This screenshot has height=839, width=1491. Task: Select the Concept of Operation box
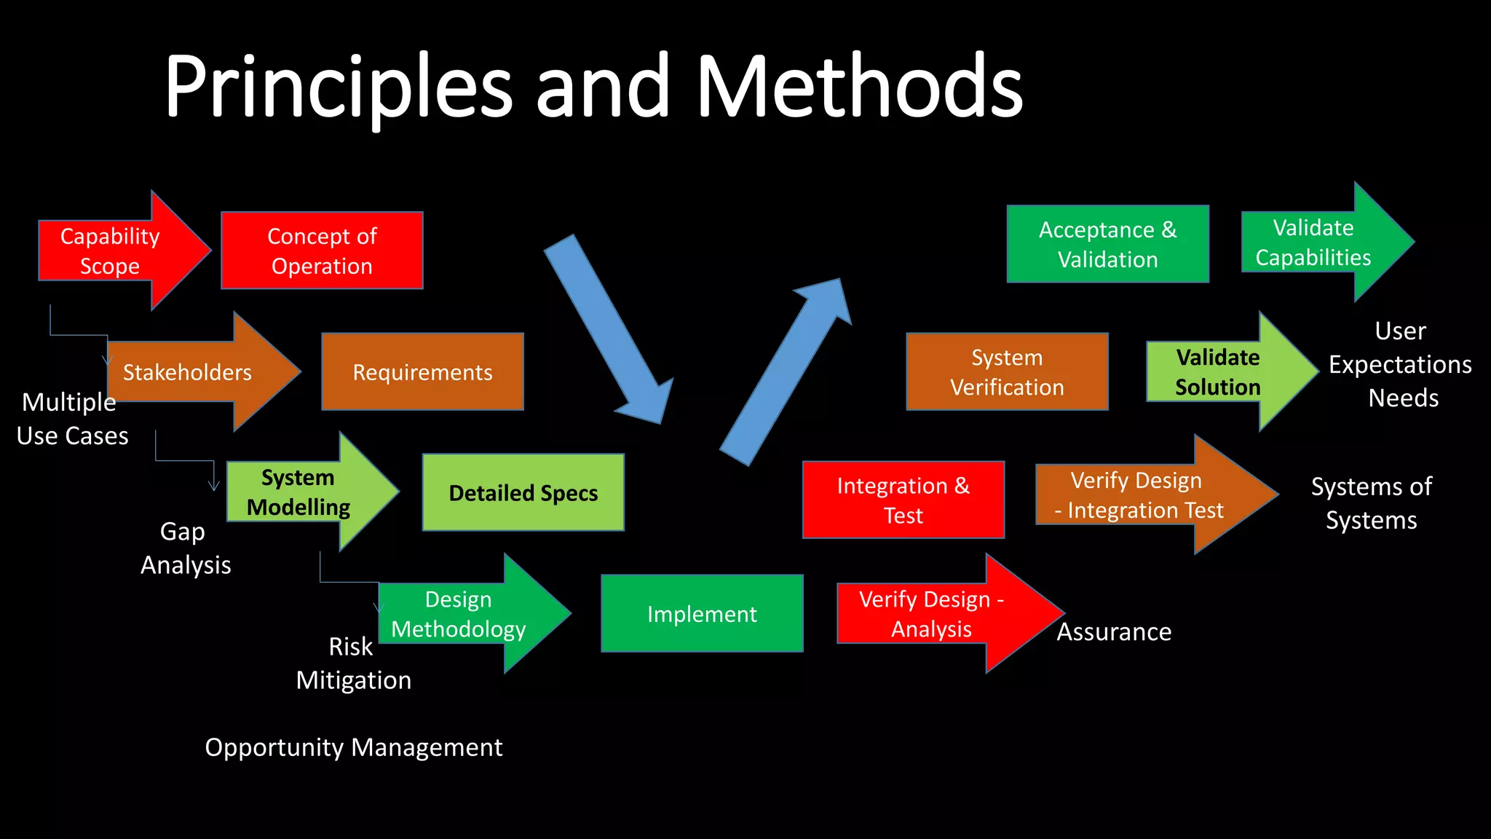tap(322, 251)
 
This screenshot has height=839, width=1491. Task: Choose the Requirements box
tap(422, 372)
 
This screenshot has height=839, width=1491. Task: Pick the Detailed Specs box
tap(523, 493)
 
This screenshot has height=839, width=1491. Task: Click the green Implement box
tap(702, 614)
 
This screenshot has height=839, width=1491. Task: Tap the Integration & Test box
tap(903, 500)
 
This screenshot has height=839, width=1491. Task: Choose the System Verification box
tap(1007, 372)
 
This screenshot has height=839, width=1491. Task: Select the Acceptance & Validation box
tap(1107, 244)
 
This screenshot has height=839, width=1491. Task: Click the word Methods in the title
tap(859, 87)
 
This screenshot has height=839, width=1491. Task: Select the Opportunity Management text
tap(353, 747)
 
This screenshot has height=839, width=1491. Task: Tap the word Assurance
tap(1114, 631)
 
